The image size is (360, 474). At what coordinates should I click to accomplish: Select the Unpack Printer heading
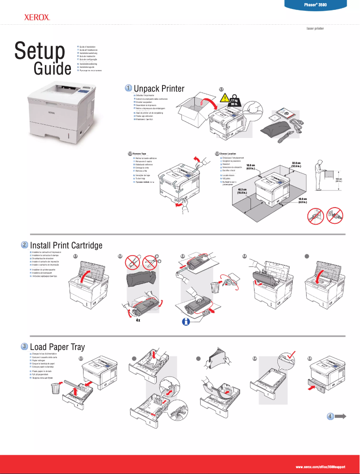(159, 88)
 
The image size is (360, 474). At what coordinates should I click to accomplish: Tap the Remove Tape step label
(140, 154)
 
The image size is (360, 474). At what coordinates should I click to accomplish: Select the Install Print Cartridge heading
(66, 245)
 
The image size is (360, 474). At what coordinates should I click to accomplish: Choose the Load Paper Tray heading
(57, 347)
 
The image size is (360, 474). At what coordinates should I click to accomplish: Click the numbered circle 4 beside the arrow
(330, 416)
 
